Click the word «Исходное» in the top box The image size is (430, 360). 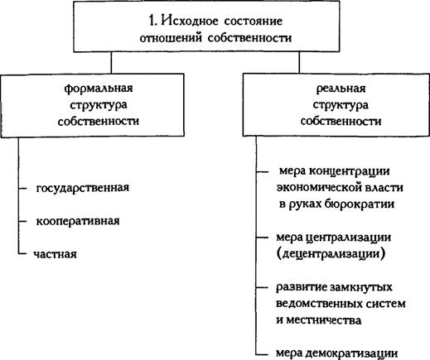click(190, 21)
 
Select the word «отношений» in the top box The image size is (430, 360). click(171, 38)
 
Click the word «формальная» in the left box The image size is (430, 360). click(99, 89)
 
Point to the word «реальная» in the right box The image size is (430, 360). click(341, 89)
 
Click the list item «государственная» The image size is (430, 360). click(83, 188)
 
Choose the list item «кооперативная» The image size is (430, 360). click(78, 221)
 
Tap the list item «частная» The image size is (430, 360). click(56, 254)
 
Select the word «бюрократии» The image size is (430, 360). click(360, 204)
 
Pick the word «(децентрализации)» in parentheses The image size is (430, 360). click(331, 254)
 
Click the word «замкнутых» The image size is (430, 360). click(361, 287)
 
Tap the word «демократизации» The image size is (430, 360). click(352, 353)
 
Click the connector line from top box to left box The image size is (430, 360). click(111, 63)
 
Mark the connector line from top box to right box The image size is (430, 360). click(299, 63)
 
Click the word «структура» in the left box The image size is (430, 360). click(99, 105)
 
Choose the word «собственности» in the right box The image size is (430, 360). click(341, 122)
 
